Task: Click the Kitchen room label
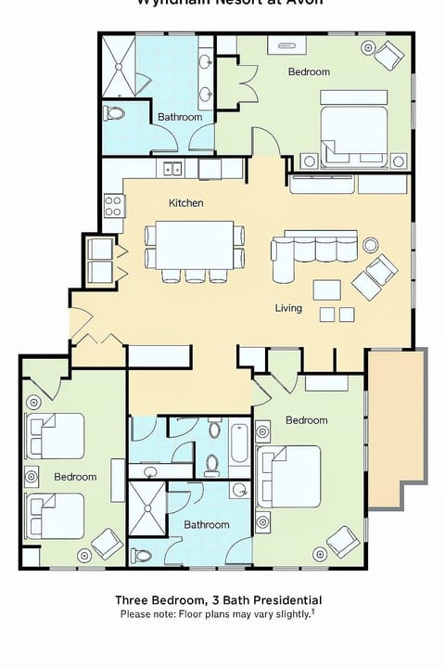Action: (x=185, y=203)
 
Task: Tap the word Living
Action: (x=288, y=308)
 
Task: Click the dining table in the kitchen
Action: (x=195, y=244)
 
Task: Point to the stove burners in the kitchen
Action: (x=113, y=205)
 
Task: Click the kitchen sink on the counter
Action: (x=172, y=169)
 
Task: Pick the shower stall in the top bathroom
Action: (x=118, y=66)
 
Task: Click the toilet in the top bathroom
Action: (x=114, y=113)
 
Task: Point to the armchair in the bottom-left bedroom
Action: (x=108, y=543)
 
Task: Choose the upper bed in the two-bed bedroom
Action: (x=56, y=436)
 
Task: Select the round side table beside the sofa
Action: (x=371, y=245)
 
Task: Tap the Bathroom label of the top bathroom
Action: (x=180, y=117)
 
